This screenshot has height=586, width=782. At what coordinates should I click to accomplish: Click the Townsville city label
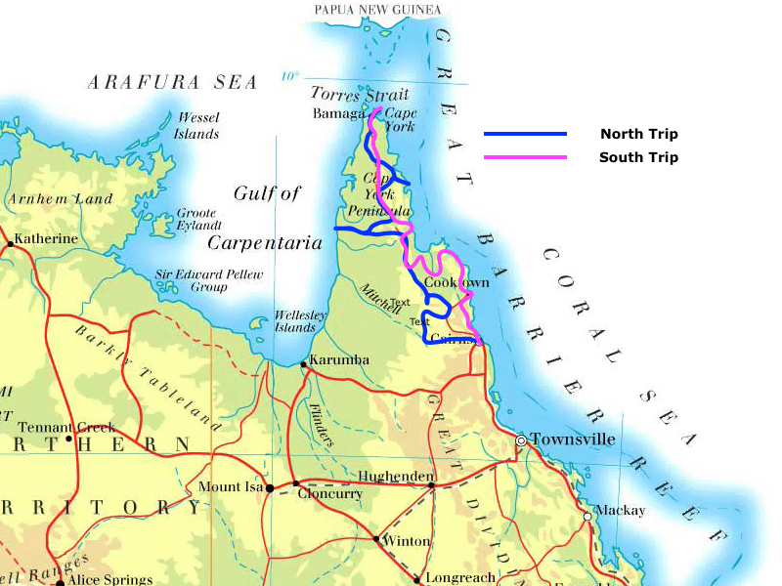[x=574, y=439]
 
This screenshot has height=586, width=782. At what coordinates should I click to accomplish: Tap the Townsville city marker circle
[x=521, y=440]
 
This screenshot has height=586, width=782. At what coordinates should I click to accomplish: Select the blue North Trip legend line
[x=525, y=134]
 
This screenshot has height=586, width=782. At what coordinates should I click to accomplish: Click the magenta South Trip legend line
[x=525, y=157]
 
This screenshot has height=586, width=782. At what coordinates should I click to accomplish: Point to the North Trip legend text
[x=638, y=135]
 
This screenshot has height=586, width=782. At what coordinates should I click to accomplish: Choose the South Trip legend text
[x=638, y=157]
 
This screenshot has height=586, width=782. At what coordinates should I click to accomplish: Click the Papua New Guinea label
[x=377, y=10]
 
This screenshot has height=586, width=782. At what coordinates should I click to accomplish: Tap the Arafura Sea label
[x=173, y=83]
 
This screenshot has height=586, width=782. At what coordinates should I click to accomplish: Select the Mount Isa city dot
[x=271, y=488]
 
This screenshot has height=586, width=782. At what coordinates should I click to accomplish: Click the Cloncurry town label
[x=329, y=494]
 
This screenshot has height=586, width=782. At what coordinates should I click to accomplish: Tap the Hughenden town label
[x=396, y=476]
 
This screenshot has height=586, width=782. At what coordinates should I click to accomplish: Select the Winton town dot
[x=376, y=538]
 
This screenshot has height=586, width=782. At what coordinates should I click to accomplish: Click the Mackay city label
[x=621, y=511]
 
